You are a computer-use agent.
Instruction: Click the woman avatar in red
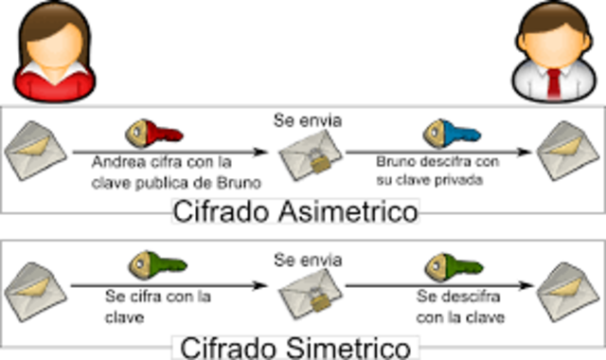pyautogui.click(x=51, y=52)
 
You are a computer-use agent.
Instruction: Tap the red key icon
pyautogui.click(x=152, y=132)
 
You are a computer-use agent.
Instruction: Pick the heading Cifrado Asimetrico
pyautogui.click(x=295, y=211)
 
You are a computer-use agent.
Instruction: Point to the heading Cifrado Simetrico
pyautogui.click(x=296, y=345)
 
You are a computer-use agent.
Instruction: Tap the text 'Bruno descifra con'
pyautogui.click(x=437, y=162)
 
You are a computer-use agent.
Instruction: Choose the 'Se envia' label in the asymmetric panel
pyautogui.click(x=307, y=120)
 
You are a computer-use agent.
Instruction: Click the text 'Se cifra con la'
pyautogui.click(x=159, y=297)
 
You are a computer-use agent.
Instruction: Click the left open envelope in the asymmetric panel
pyautogui.click(x=32, y=151)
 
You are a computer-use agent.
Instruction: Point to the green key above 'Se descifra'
pyautogui.click(x=448, y=266)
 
